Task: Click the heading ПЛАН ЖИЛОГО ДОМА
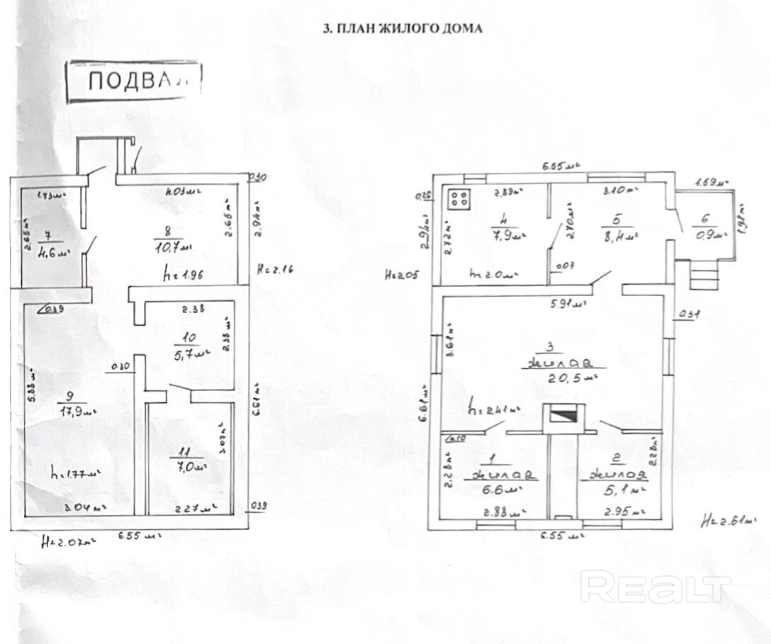(402, 29)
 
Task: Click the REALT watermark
(655, 587)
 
